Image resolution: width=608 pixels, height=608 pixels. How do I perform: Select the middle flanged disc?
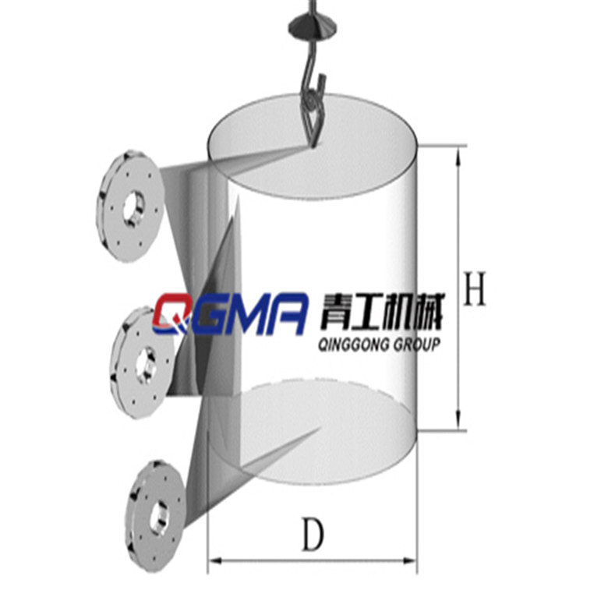click(x=144, y=362)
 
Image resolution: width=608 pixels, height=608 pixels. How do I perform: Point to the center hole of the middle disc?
click(x=145, y=363)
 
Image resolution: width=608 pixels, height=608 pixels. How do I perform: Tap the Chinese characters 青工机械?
click(x=379, y=314)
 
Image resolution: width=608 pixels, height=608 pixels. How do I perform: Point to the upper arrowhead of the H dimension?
click(x=459, y=154)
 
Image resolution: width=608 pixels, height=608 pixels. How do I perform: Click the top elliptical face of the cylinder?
click(x=312, y=148)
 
